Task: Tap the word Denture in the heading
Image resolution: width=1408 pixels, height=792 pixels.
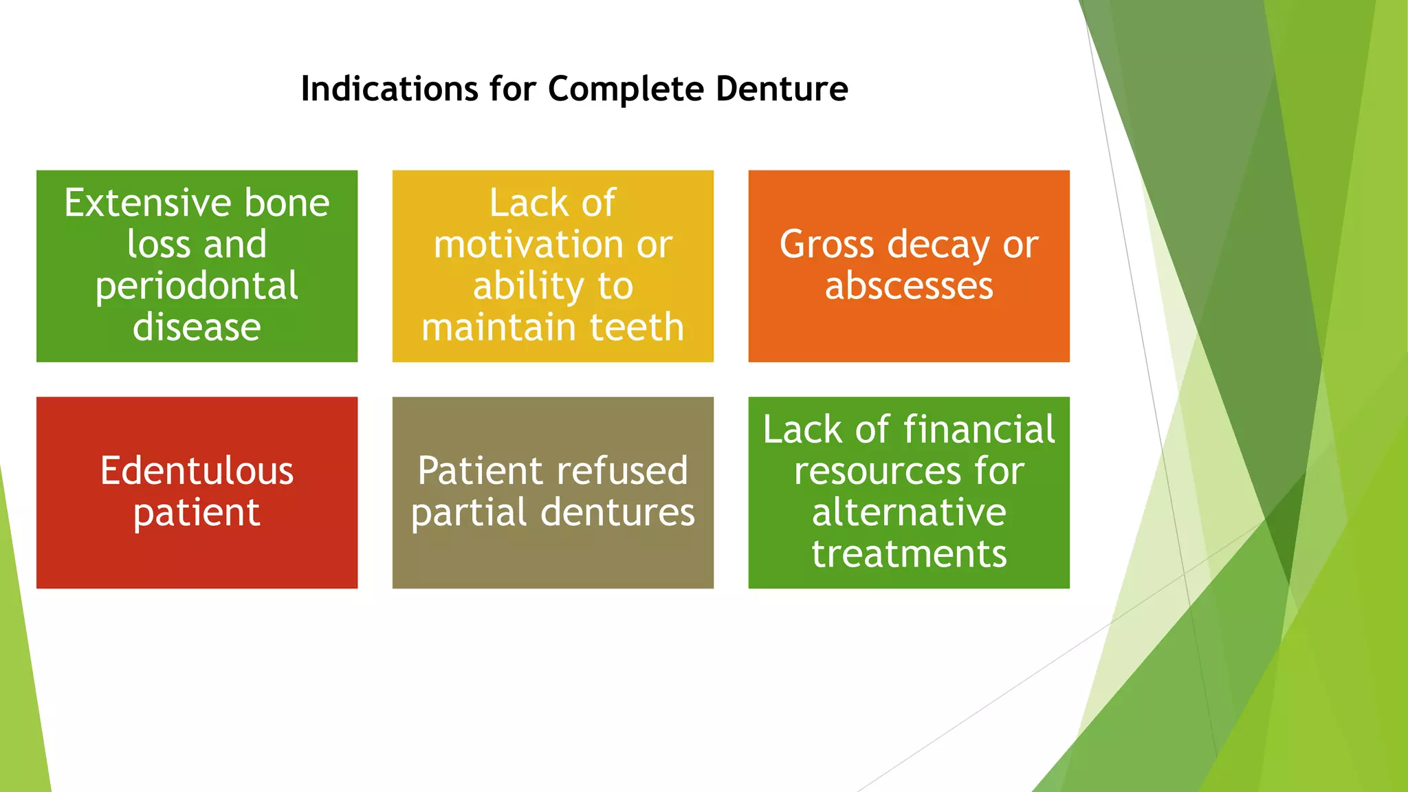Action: pos(782,89)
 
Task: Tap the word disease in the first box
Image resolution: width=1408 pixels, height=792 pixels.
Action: pos(197,327)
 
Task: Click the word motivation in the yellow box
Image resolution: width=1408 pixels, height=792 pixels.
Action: pos(528,245)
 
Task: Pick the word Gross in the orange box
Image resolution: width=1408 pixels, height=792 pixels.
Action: pos(826,245)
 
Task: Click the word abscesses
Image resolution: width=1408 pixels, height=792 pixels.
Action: pos(909,286)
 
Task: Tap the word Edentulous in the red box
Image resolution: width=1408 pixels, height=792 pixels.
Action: pos(197,472)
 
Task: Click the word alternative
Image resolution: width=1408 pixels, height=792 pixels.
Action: pos(909,513)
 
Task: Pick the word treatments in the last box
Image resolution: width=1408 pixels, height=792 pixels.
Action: pos(909,554)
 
